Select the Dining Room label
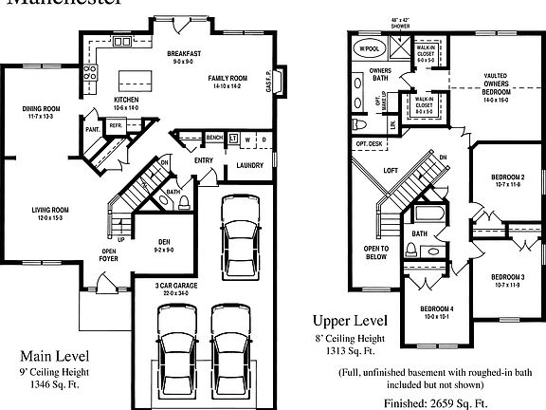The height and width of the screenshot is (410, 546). click(x=41, y=113)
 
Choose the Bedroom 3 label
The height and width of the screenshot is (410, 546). click(x=508, y=281)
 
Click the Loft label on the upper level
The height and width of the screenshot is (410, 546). click(x=390, y=172)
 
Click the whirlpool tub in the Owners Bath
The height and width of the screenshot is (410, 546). click(x=367, y=48)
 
